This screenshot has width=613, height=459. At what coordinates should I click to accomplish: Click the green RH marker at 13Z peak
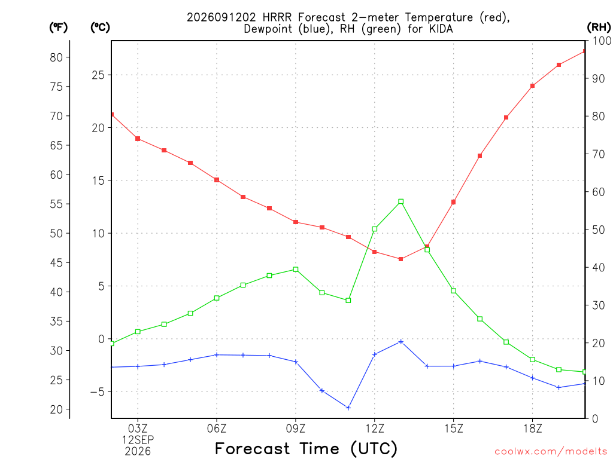(400, 202)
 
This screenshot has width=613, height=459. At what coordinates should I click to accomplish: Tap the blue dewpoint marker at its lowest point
(348, 408)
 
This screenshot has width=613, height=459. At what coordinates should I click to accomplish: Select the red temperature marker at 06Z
(217, 180)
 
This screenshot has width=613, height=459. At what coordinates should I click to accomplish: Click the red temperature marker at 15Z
(454, 202)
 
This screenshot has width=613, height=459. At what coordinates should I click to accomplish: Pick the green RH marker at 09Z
(296, 270)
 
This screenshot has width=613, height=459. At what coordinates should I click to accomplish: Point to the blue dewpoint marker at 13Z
(400, 342)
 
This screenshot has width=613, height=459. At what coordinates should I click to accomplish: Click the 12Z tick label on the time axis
(375, 429)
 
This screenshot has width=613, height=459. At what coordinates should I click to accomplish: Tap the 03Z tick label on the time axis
(138, 429)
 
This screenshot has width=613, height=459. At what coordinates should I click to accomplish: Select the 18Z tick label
(532, 429)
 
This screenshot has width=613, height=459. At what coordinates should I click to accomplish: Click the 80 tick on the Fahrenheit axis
(56, 57)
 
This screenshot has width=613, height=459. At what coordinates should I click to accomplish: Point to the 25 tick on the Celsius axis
(98, 75)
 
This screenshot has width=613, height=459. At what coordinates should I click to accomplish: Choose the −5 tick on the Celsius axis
(98, 392)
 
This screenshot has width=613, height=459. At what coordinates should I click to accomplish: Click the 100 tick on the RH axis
(602, 41)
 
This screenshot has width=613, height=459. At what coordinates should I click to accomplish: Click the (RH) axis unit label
(599, 27)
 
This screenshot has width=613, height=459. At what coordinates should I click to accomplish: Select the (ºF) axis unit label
(58, 27)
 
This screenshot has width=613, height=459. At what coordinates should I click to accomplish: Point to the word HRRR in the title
(277, 17)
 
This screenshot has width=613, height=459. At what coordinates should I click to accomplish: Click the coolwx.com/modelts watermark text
(551, 452)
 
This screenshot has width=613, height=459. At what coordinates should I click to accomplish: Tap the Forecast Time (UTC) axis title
(306, 448)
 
